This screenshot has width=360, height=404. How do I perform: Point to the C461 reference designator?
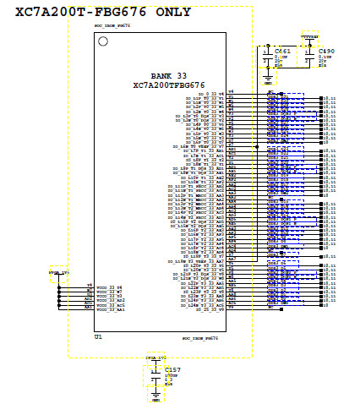[283, 52]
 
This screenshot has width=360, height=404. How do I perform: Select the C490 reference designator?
[326, 52]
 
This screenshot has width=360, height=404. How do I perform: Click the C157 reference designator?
[172, 370]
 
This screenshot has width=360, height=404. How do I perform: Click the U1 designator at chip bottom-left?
[99, 336]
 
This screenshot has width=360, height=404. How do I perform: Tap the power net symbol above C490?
[311, 37]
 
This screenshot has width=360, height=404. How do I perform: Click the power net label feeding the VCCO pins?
[57, 273]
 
